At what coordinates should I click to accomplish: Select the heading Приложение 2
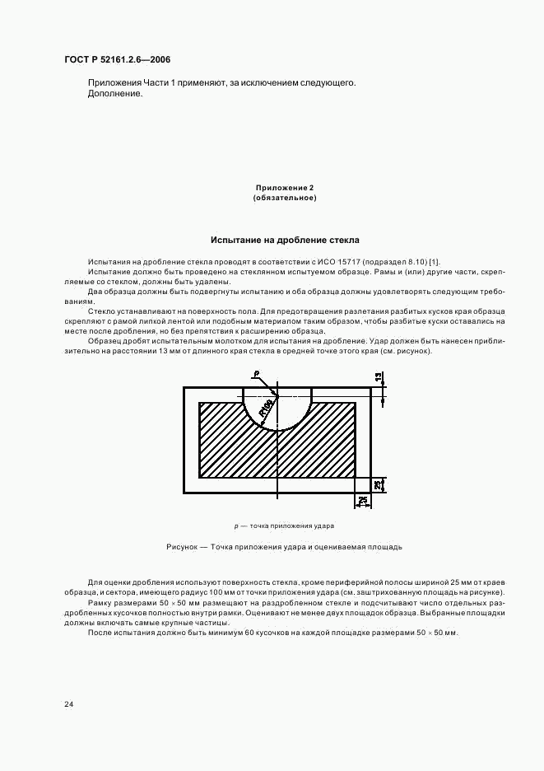284,189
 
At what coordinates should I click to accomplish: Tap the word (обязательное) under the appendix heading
284,199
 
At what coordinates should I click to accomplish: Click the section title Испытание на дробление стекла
284,241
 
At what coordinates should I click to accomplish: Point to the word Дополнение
114,94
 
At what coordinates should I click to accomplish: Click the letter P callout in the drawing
256,374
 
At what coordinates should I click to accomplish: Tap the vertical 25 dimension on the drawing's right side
378,484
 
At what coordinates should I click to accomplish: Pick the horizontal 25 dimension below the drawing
361,502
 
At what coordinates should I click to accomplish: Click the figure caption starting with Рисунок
284,546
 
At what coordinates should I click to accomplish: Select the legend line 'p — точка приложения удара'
284,526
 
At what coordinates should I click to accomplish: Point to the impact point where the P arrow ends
278,395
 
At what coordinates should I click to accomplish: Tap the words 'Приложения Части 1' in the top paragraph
132,83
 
